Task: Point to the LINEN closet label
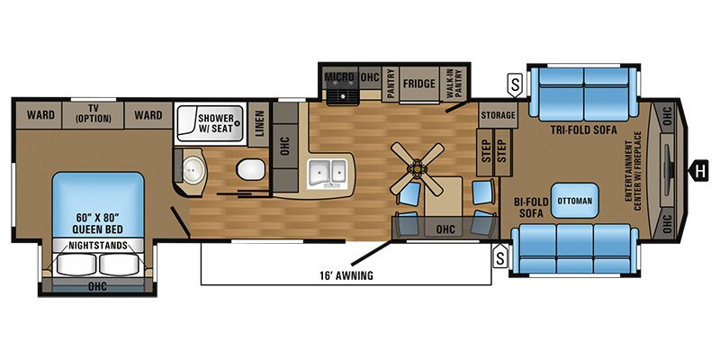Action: coord(259,128)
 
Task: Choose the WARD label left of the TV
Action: coord(39,114)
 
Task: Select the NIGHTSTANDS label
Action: coord(92,244)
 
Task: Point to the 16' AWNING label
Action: coord(345,275)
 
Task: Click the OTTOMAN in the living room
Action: coord(575,200)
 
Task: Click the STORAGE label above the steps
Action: coord(498,115)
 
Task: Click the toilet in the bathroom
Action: coord(249,168)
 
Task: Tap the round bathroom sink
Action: coord(193,166)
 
